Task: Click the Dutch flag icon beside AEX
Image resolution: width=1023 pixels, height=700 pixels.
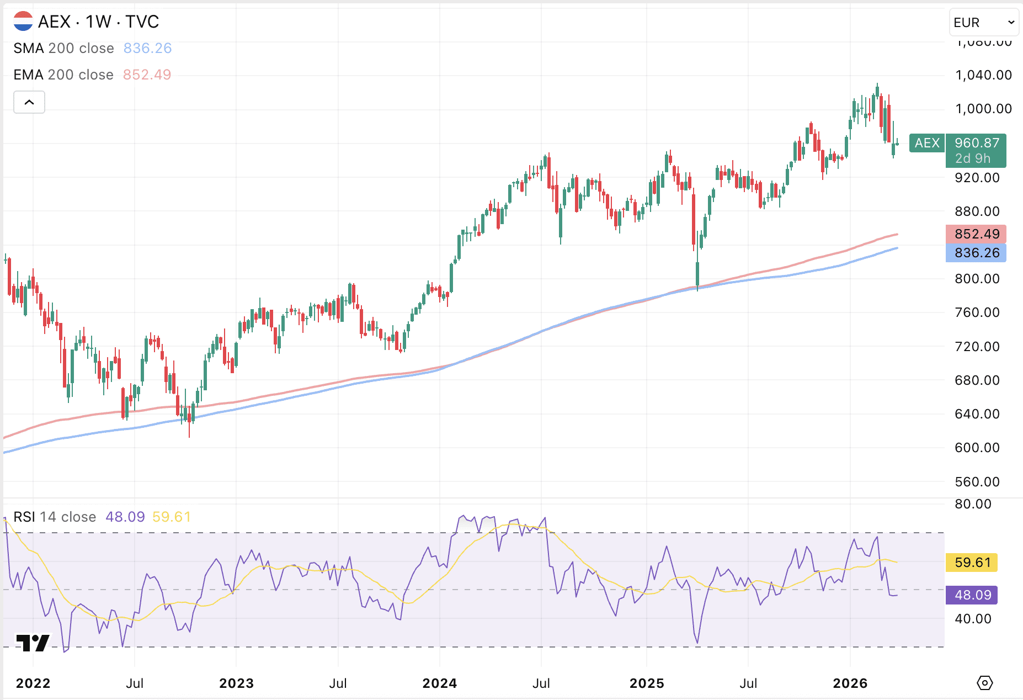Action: coord(23,22)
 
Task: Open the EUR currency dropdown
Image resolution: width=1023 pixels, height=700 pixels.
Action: coord(984,23)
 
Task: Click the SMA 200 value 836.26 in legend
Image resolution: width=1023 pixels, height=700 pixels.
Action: coord(147,49)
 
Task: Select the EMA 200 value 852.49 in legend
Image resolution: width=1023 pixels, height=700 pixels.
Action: coord(147,75)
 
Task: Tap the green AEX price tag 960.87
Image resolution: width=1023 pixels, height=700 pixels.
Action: coord(976,150)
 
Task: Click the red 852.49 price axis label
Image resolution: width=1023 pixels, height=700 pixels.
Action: coord(976,234)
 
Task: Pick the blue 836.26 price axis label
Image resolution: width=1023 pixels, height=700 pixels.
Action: coord(976,253)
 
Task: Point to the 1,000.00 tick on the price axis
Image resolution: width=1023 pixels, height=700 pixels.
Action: coord(983,109)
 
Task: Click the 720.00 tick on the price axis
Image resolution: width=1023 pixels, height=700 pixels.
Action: coord(977,347)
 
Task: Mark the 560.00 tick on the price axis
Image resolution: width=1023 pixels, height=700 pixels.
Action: coord(977,482)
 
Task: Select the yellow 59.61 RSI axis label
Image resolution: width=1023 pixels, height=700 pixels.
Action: coord(973,563)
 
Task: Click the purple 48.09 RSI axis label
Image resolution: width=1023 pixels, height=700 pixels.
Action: coord(973,595)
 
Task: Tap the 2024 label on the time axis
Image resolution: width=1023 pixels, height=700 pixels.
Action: coord(439,683)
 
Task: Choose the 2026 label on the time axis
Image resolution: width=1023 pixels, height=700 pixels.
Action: coord(850,683)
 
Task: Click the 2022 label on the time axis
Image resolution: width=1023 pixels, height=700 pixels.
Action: coord(33,683)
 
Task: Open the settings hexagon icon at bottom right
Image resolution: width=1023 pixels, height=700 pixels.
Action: coord(984,683)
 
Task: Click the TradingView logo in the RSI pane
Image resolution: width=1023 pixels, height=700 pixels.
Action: coord(33,643)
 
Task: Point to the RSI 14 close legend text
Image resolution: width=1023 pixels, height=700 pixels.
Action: coord(55,517)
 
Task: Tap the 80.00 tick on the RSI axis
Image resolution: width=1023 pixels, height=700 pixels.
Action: coord(973,504)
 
